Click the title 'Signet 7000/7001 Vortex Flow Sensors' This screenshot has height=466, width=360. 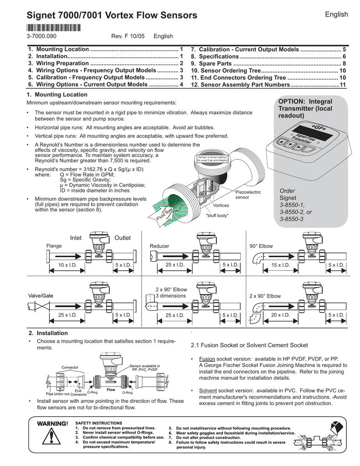(112, 16)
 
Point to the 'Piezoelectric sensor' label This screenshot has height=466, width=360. (248, 195)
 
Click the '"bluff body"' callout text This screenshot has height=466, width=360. (218, 215)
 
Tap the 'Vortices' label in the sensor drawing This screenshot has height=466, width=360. (221, 205)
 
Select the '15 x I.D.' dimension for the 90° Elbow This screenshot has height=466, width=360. (280, 265)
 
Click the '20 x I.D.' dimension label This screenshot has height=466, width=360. (280, 315)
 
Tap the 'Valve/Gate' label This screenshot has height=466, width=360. (40, 296)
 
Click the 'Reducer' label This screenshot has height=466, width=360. (159, 246)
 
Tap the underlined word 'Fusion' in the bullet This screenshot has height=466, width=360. (207, 359)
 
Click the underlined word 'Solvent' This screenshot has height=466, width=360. (208, 391)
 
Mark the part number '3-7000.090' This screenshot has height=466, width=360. (41, 36)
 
